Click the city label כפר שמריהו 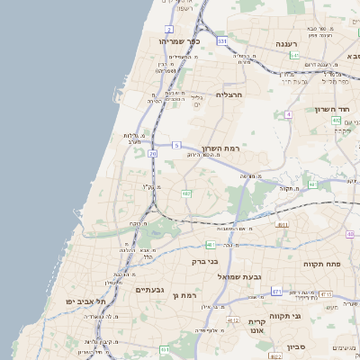tap(177, 41)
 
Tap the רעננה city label tap(274, 42)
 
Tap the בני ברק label tap(205, 262)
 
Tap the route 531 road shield tap(222, 40)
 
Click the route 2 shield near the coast tap(168, 29)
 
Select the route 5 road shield tap(177, 145)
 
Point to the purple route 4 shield tap(288, 114)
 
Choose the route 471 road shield tap(276, 292)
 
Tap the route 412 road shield tap(233, 320)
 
